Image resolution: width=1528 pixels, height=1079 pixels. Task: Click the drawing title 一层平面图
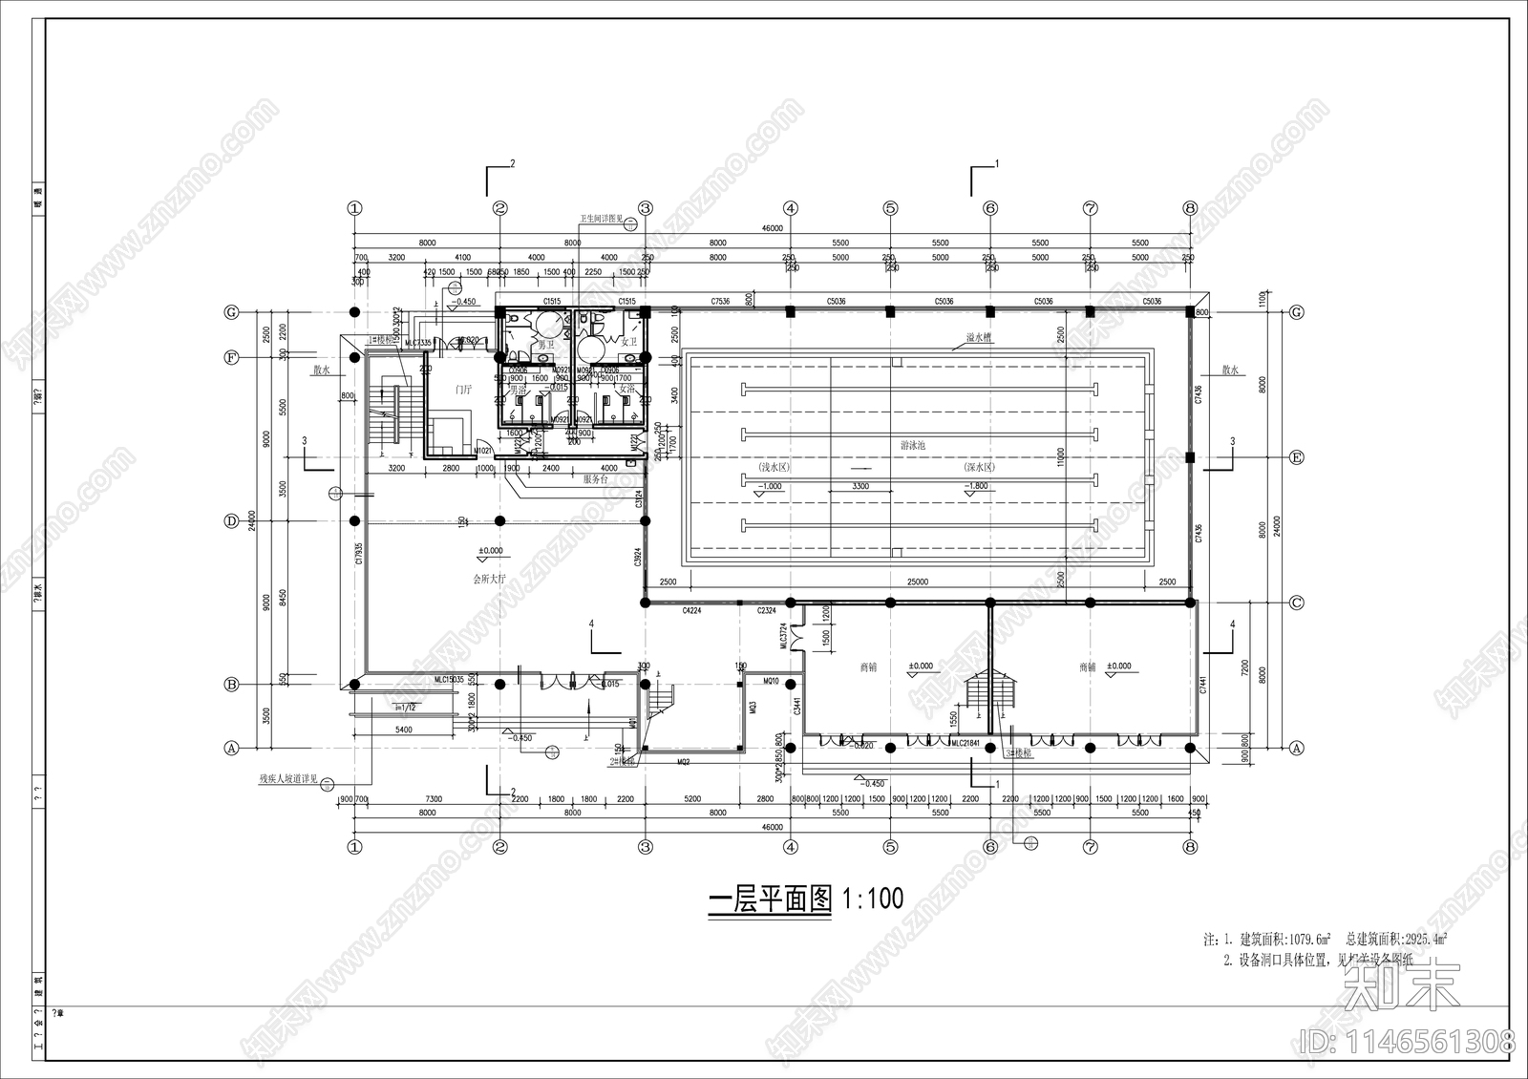pyautogui.click(x=770, y=899)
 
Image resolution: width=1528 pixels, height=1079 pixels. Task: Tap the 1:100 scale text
pyautogui.click(x=872, y=899)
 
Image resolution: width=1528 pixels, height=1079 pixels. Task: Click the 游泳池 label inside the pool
pyautogui.click(x=913, y=446)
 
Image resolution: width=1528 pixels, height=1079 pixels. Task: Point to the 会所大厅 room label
pyautogui.click(x=489, y=579)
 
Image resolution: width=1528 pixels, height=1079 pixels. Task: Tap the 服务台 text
pyautogui.click(x=595, y=479)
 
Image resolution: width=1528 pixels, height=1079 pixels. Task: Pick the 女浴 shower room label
pyautogui.click(x=626, y=390)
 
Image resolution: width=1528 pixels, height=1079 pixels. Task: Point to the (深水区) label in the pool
pyautogui.click(x=979, y=468)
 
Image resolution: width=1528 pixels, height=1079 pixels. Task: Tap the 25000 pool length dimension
pyautogui.click(x=917, y=582)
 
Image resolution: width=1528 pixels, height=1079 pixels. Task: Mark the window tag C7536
pyautogui.click(x=720, y=302)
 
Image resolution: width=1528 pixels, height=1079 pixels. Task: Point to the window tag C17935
pyautogui.click(x=359, y=555)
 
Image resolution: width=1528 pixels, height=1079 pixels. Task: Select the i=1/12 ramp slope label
pyautogui.click(x=405, y=707)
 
